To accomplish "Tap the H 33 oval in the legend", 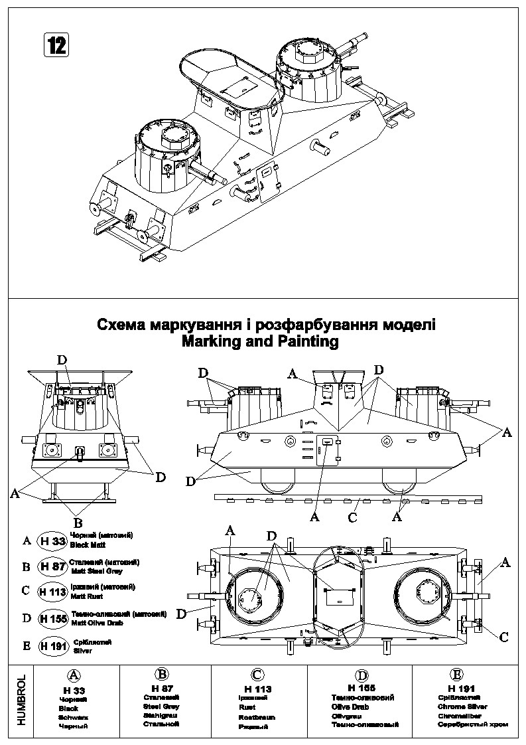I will pos(52,540).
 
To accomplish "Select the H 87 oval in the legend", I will pos(53,566).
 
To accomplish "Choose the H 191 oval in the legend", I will pos(54,645).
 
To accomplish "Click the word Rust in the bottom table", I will pos(247,708).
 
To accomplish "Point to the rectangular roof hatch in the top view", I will pos(337,592).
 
